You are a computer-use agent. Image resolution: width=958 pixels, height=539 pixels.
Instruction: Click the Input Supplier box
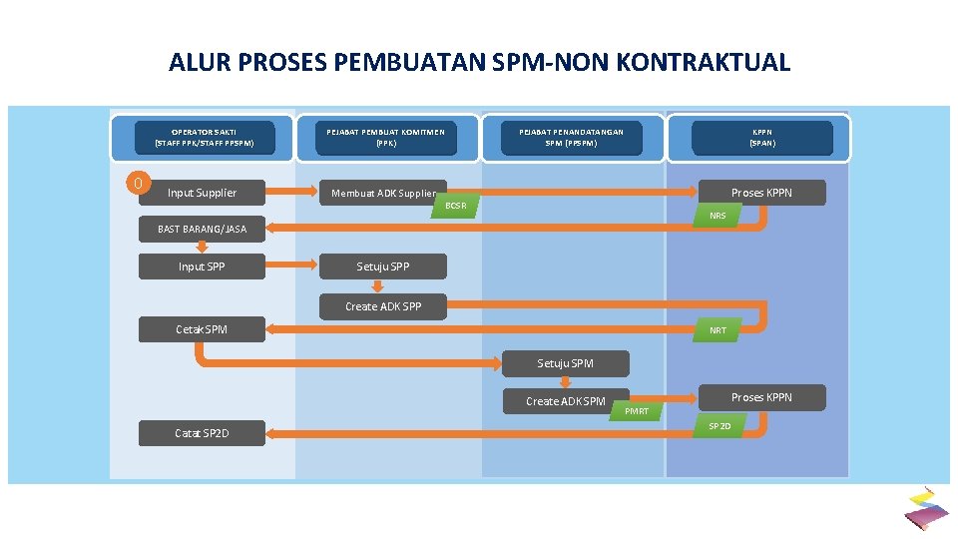click(202, 193)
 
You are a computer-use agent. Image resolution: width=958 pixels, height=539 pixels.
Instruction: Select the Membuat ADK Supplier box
click(383, 193)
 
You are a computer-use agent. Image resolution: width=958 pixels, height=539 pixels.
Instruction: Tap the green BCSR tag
click(456, 206)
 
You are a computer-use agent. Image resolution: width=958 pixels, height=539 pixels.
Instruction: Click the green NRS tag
click(718, 216)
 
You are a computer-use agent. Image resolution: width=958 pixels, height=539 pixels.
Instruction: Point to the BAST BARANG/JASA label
click(202, 230)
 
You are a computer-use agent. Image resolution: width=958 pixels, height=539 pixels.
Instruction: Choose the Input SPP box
click(202, 267)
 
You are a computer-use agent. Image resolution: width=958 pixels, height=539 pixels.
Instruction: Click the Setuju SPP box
click(383, 267)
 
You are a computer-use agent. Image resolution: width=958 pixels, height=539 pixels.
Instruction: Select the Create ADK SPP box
click(383, 306)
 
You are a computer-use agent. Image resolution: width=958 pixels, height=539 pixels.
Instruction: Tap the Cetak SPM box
click(202, 329)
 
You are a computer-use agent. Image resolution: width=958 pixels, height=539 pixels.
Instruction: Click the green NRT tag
click(718, 330)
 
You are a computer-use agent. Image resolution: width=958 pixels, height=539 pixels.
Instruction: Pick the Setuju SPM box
click(566, 363)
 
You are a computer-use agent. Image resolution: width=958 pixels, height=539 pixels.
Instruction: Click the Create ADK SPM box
click(566, 401)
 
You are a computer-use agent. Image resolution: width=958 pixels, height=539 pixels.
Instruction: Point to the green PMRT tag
click(637, 411)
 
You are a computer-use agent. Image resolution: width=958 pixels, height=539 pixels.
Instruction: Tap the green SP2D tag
click(719, 426)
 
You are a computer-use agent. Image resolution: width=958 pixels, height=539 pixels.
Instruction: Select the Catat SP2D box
click(202, 433)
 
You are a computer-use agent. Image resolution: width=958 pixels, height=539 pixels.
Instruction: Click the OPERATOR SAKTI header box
click(205, 137)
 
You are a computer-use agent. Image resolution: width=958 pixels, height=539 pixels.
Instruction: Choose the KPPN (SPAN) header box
click(762, 137)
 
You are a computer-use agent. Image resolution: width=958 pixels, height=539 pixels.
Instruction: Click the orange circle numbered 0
click(140, 184)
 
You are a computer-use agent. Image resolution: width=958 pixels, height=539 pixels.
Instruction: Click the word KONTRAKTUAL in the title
click(704, 63)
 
